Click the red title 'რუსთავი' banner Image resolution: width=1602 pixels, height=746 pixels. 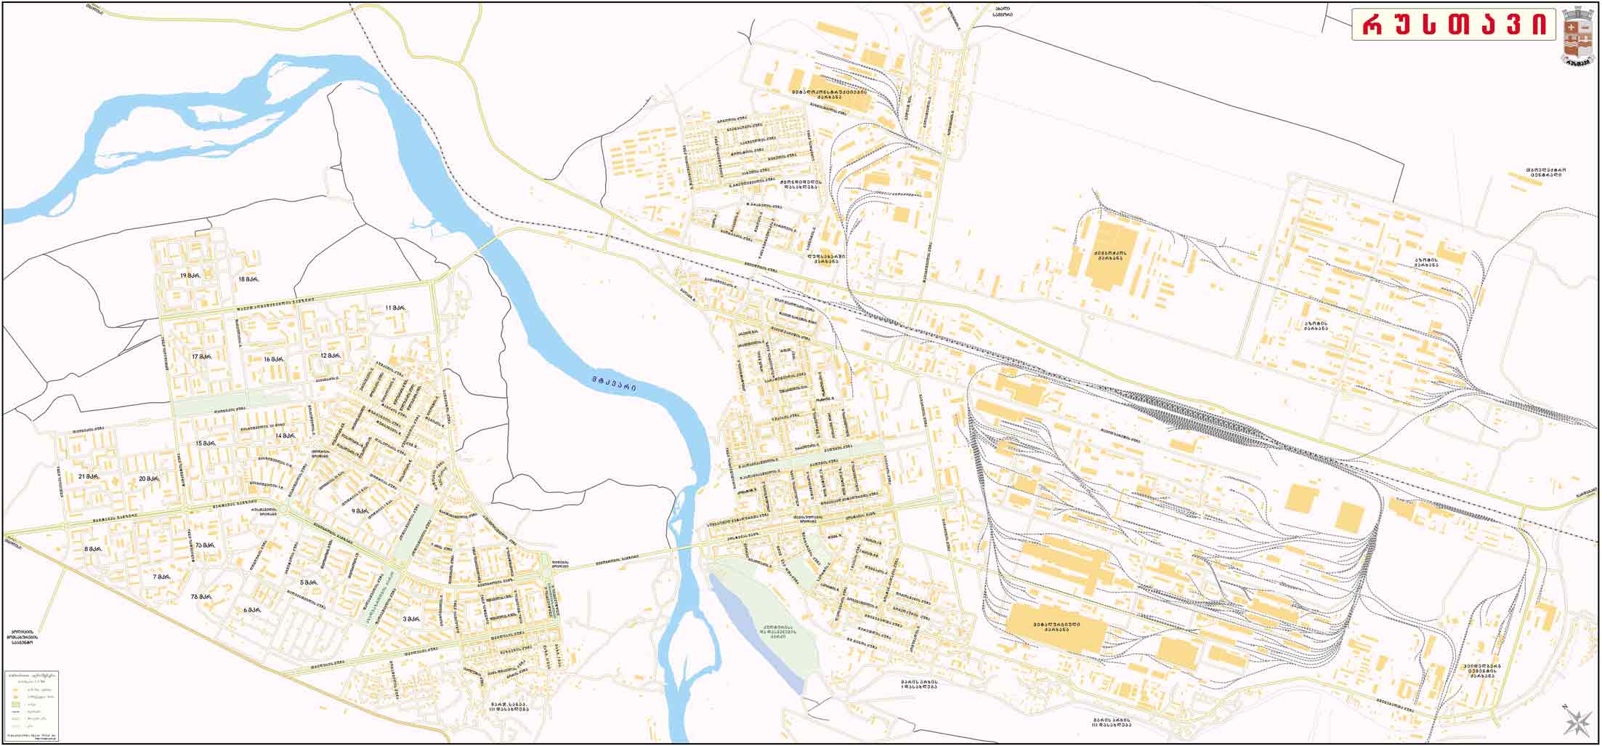click(x=1454, y=25)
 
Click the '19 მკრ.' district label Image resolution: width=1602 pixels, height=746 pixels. click(x=190, y=276)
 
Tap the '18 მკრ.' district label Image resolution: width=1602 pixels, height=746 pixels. click(x=248, y=278)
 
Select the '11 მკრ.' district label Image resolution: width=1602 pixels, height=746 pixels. click(x=395, y=308)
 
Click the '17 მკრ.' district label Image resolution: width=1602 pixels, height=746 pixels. click(x=201, y=356)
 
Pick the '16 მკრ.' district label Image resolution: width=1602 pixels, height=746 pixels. click(x=273, y=358)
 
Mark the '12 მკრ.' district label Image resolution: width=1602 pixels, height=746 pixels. click(x=330, y=356)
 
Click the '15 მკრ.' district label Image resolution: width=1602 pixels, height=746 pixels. click(x=206, y=443)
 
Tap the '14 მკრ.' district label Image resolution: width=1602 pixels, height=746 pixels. click(x=285, y=436)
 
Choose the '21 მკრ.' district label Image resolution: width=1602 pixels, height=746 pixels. click(x=88, y=476)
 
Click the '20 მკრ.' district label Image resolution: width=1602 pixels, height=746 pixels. click(x=149, y=478)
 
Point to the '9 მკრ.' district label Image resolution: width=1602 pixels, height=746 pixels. click(x=360, y=511)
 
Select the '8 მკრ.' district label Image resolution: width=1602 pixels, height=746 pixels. click(x=92, y=549)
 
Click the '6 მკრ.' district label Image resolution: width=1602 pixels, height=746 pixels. click(x=252, y=609)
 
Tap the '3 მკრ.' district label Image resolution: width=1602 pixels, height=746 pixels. click(x=411, y=619)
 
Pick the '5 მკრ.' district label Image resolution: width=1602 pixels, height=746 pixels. click(x=308, y=582)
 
